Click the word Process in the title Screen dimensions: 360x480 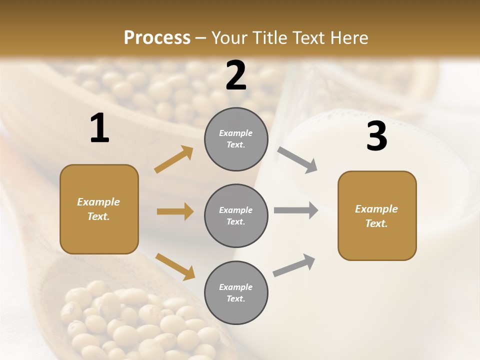(x=157, y=37)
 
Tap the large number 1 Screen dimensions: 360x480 (x=99, y=128)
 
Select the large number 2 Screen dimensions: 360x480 (x=236, y=75)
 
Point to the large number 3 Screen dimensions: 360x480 (x=376, y=136)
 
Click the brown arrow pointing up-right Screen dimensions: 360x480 (x=174, y=159)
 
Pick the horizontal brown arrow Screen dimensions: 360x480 (x=175, y=211)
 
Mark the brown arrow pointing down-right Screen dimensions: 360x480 (x=175, y=266)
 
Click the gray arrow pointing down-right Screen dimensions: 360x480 (x=297, y=159)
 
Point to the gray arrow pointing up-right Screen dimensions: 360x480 (x=294, y=265)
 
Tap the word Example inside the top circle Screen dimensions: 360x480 (x=235, y=133)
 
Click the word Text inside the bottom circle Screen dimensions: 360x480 (x=235, y=298)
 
